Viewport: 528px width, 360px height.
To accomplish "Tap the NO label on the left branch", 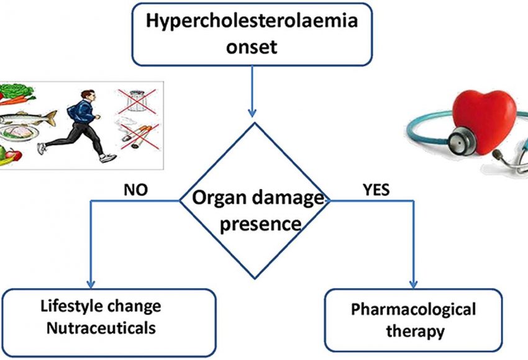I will point(135,190).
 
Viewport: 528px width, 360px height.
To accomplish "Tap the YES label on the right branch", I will point(375,190).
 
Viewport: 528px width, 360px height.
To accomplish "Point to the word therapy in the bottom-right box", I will point(415,331).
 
